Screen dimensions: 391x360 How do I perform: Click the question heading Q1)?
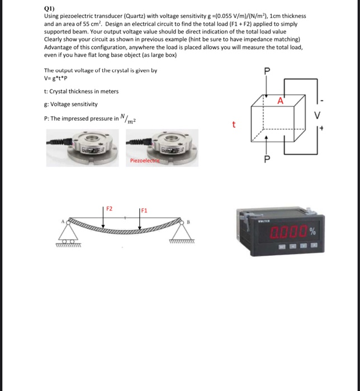pyautogui.click(x=50, y=9)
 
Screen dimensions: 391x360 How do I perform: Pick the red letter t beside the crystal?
pyautogui.click(x=234, y=125)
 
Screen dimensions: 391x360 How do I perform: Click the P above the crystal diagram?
pyautogui.click(x=267, y=71)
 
